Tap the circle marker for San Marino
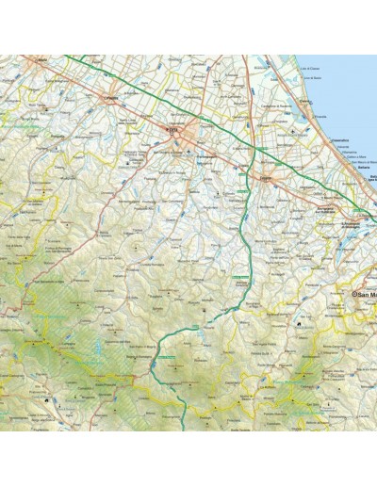(355, 295)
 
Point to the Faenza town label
(112, 97)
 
